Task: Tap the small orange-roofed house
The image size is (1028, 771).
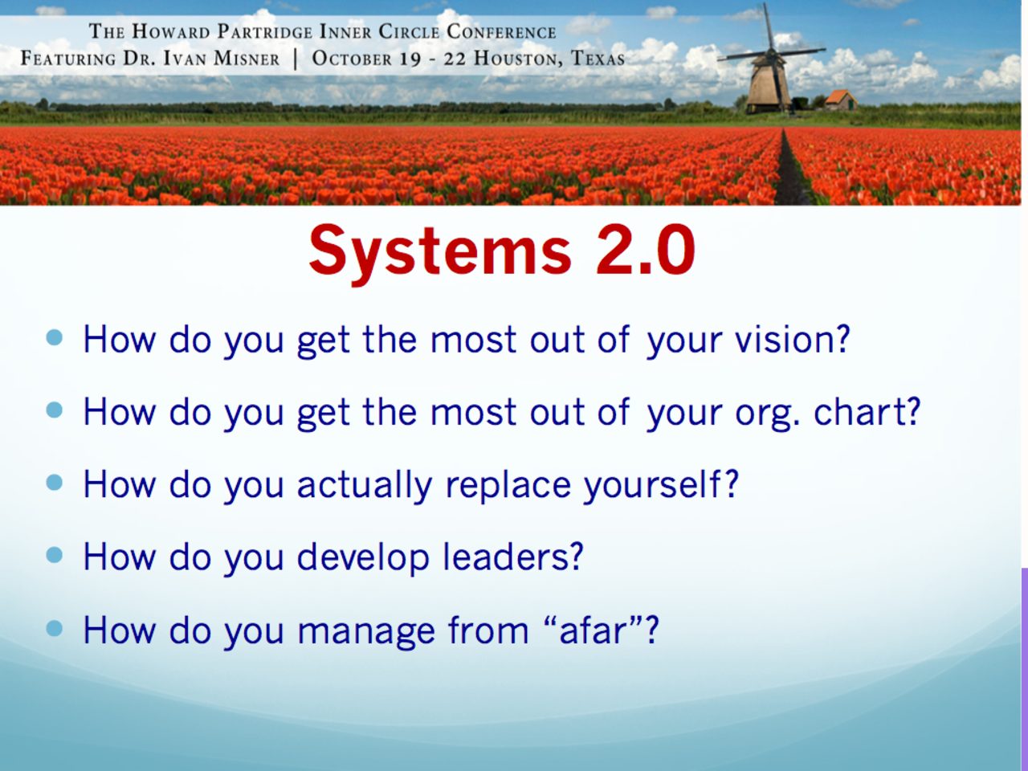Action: click(x=841, y=100)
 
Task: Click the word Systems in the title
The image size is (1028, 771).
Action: click(x=440, y=252)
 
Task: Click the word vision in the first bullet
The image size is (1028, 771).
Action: click(x=793, y=339)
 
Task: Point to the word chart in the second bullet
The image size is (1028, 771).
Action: click(x=867, y=411)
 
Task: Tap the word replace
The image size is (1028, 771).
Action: click(x=508, y=485)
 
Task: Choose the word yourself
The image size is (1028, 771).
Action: click(x=661, y=485)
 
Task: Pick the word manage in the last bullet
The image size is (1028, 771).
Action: click(x=366, y=633)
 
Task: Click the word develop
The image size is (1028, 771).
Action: click(x=363, y=558)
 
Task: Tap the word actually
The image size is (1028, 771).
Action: click(x=365, y=485)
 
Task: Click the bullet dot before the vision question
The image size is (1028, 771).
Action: click(x=55, y=337)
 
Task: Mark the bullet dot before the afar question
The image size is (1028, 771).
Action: click(x=55, y=628)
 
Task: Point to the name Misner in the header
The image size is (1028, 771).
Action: click(x=247, y=59)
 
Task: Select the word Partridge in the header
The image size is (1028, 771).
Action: click(x=265, y=32)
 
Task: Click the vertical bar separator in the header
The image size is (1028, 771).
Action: click(x=296, y=59)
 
